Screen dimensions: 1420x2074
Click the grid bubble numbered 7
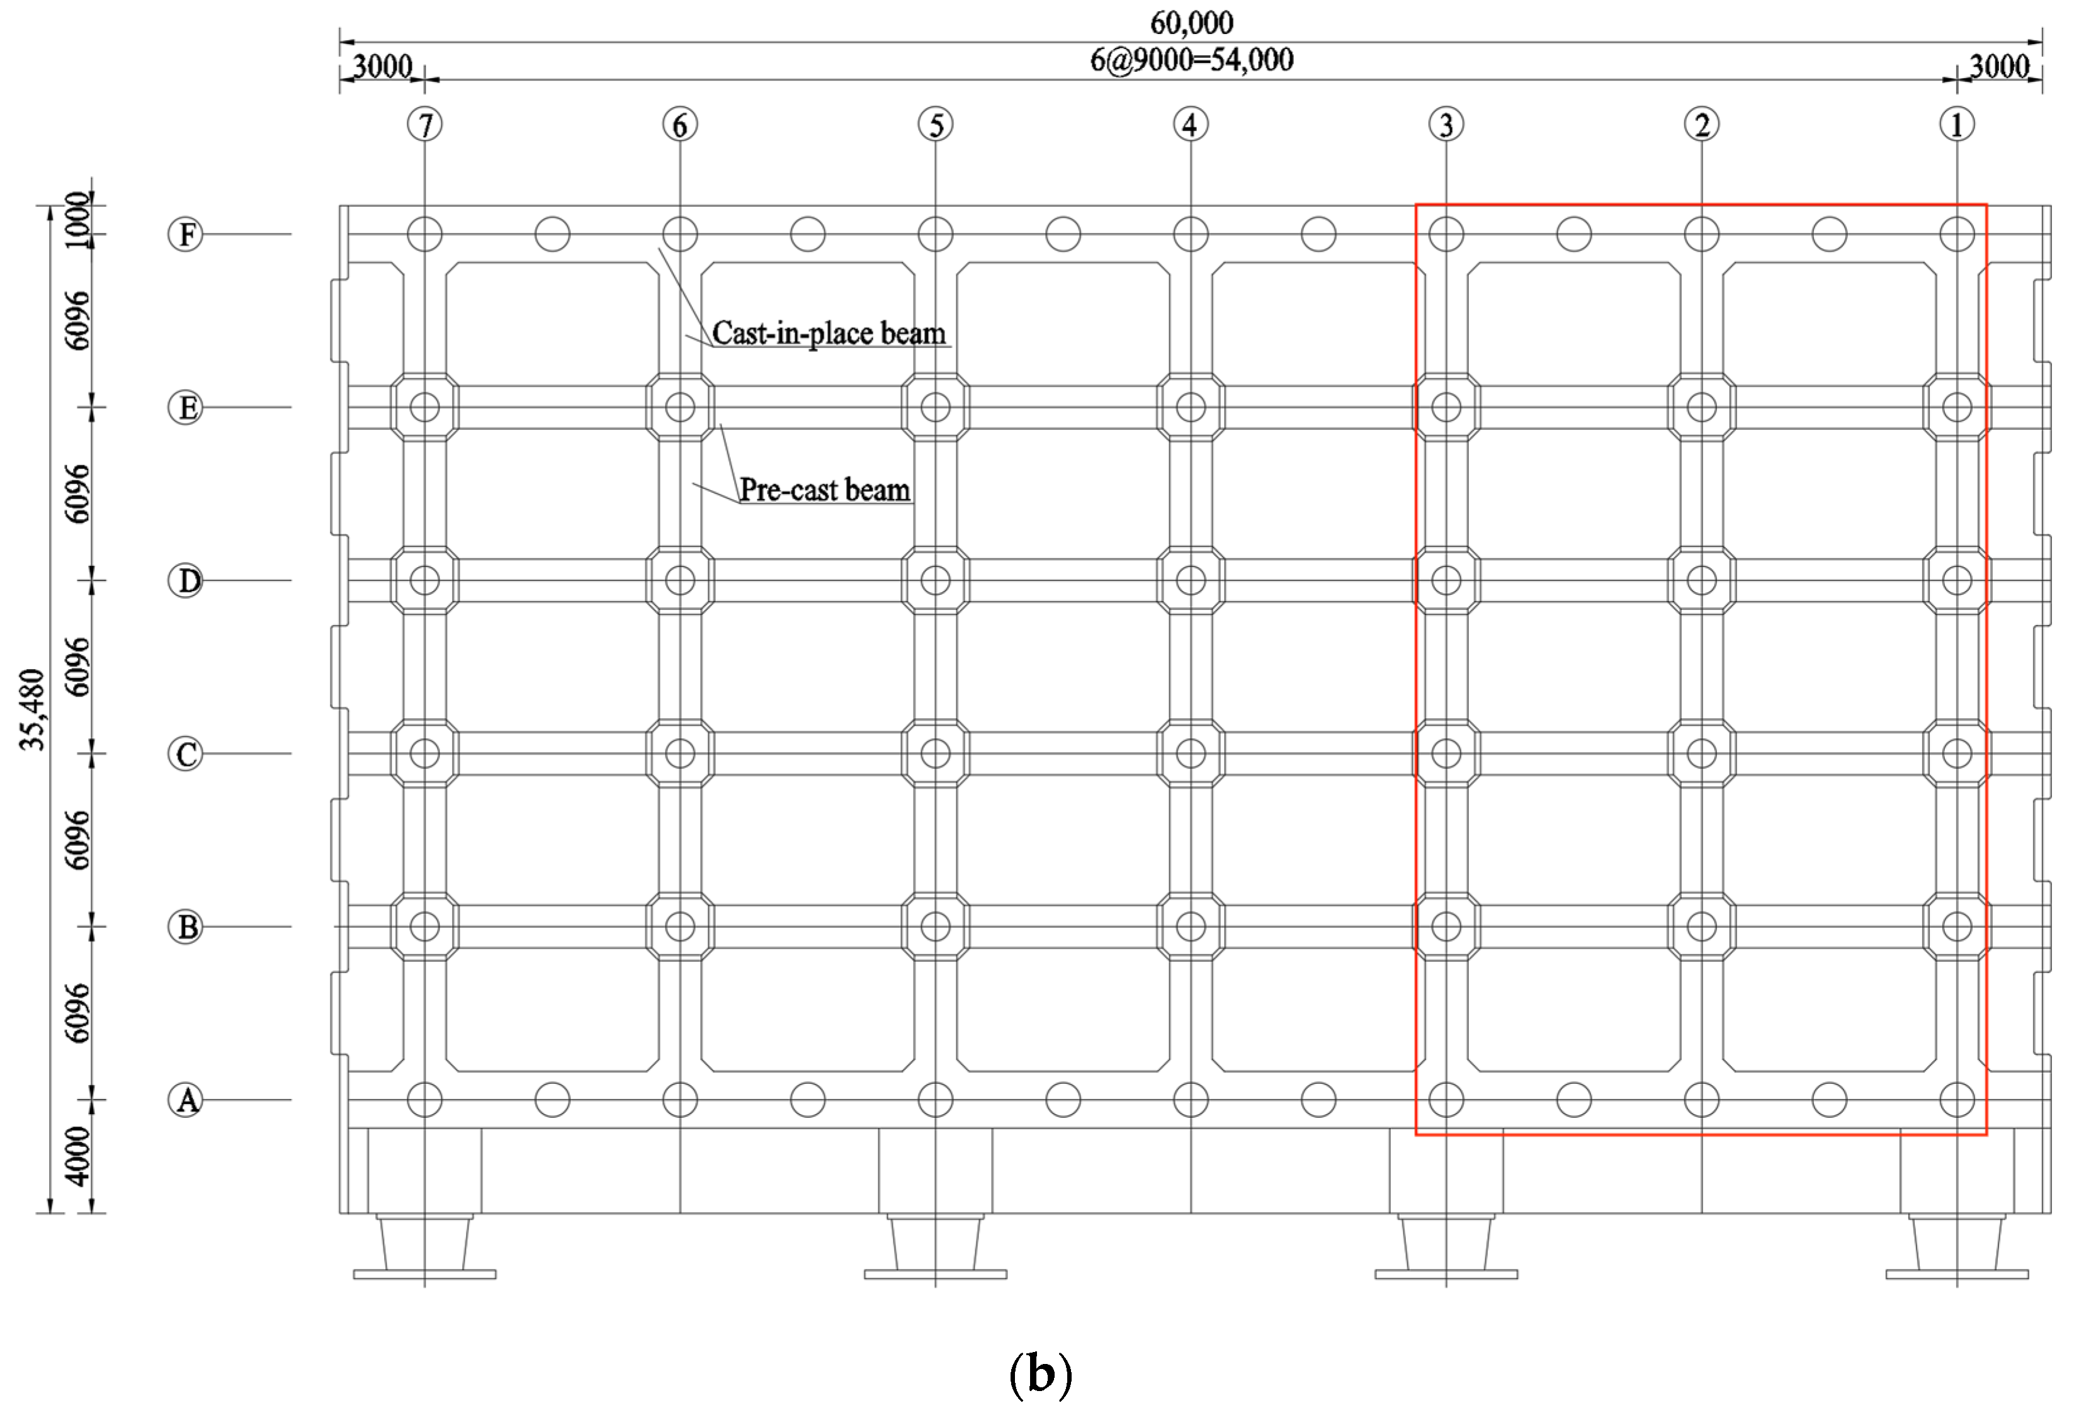(425, 124)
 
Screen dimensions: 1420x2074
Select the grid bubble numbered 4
(1191, 124)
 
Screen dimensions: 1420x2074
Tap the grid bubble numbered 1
(1957, 124)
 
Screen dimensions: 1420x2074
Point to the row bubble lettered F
(186, 235)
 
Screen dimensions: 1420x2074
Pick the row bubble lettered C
(186, 753)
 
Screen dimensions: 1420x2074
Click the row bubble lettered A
(186, 1100)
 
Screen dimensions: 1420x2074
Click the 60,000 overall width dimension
(1191, 22)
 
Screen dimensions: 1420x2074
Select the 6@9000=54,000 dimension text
(1191, 60)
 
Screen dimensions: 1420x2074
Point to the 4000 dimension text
(79, 1156)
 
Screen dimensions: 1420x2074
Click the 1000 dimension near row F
(79, 220)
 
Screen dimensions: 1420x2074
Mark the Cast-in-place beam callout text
(828, 334)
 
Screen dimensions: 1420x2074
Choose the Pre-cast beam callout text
(825, 490)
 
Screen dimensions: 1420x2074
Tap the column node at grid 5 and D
(935, 581)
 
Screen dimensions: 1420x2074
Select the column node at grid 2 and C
(1702, 753)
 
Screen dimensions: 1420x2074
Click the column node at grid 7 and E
(425, 408)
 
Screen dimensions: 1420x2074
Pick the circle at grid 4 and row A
(1191, 1100)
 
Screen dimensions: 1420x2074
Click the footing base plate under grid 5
(935, 1275)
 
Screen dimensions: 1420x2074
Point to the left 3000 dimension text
(382, 67)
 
